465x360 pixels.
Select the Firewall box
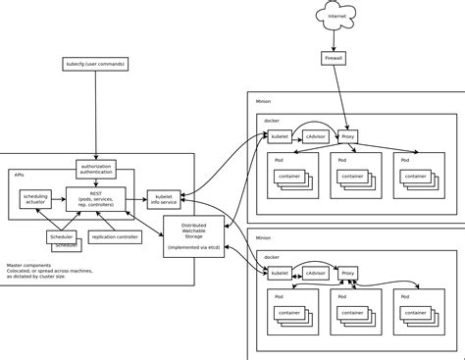334,59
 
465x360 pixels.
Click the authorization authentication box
95,168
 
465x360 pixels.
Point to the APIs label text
19,174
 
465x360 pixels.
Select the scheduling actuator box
35,199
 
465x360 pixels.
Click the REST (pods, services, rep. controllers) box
95,198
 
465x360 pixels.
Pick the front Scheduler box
62,236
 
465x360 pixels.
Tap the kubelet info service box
163,199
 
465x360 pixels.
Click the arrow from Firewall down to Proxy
341,98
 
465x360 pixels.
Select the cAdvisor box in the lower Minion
315,274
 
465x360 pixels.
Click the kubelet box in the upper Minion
280,136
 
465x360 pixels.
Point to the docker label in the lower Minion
273,257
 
